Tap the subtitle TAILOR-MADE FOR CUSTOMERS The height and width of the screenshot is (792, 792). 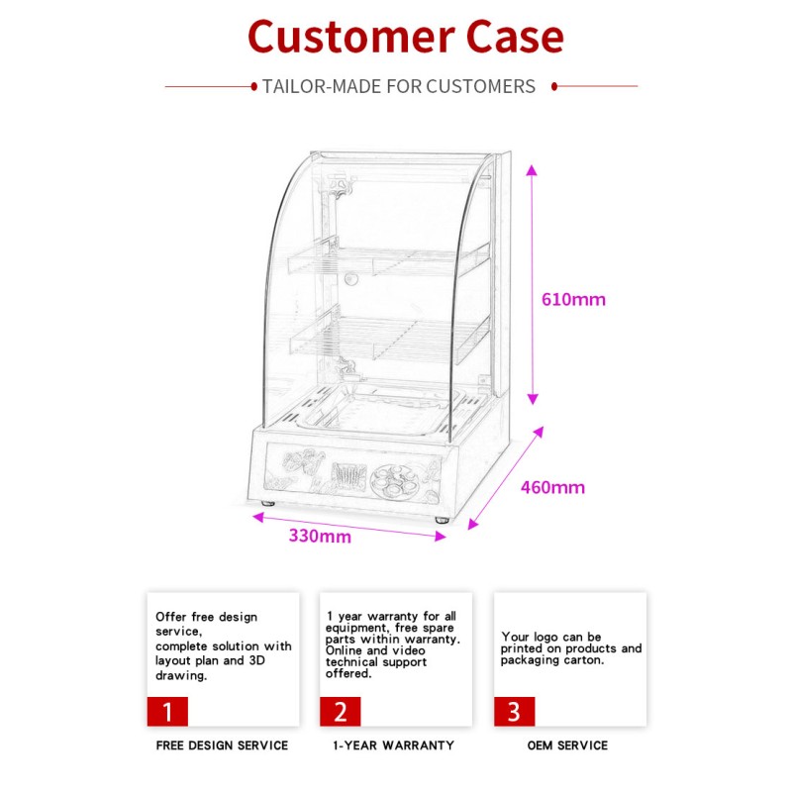tap(398, 86)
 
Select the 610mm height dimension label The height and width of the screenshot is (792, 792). tap(573, 299)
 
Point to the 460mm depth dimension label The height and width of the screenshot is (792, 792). tap(552, 487)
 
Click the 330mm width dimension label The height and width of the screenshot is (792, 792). tap(320, 537)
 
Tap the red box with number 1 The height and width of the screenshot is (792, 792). tap(167, 711)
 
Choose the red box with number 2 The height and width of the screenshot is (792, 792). tap(340, 711)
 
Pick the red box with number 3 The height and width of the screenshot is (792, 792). tap(514, 711)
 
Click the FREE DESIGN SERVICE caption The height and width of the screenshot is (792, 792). tap(222, 744)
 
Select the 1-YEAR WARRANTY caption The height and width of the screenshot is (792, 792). tap(393, 744)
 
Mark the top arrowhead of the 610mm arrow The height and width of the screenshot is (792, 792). tap(532, 171)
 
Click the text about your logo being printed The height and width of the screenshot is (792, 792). tap(570, 648)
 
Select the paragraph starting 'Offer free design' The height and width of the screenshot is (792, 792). tap(222, 645)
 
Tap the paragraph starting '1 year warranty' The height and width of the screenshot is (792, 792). tap(393, 644)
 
